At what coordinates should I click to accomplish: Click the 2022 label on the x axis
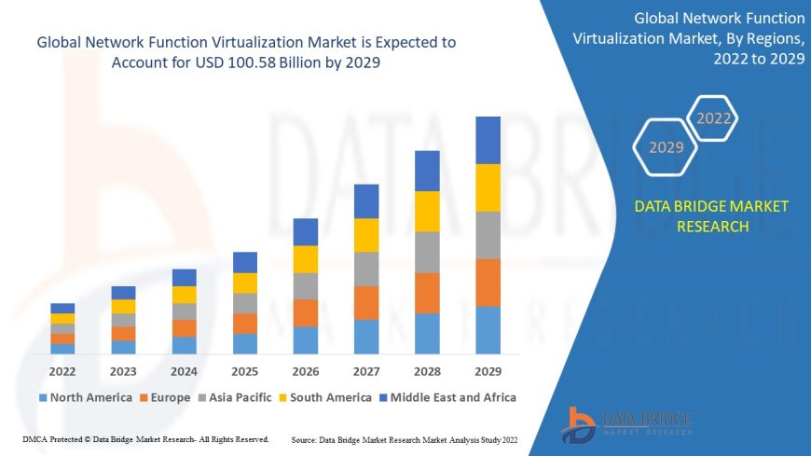62,370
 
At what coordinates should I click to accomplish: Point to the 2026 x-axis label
306,370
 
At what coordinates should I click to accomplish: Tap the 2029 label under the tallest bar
488,370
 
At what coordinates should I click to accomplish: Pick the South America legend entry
324,397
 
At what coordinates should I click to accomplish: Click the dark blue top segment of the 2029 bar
488,140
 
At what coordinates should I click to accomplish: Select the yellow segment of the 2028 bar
427,211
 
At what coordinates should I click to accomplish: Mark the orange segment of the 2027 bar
366,302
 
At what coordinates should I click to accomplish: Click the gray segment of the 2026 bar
306,285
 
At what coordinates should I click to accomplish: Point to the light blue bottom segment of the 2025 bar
245,343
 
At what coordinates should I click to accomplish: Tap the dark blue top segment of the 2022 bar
62,308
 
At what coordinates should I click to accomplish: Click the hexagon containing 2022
713,118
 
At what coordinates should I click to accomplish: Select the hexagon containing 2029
666,147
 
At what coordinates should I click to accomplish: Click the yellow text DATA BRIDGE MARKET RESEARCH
711,216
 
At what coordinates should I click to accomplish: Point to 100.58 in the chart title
254,61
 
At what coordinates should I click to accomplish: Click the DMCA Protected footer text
144,438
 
